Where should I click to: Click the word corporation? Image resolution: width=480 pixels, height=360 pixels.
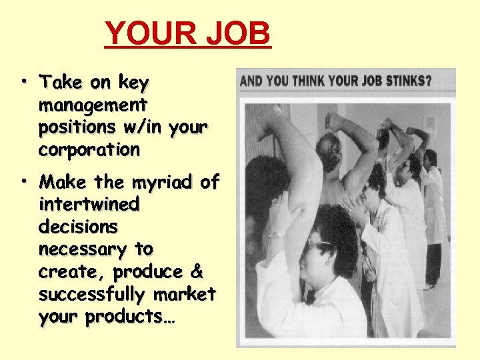click(x=89, y=150)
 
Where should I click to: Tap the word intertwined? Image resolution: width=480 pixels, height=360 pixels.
click(x=89, y=204)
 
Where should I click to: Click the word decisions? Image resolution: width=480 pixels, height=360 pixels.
click(x=78, y=227)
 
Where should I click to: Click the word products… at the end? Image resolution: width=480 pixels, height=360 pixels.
click(x=107, y=317)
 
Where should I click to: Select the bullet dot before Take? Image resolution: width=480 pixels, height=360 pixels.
click(x=23, y=82)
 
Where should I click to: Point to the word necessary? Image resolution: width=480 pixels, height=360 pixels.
click(x=83, y=249)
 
